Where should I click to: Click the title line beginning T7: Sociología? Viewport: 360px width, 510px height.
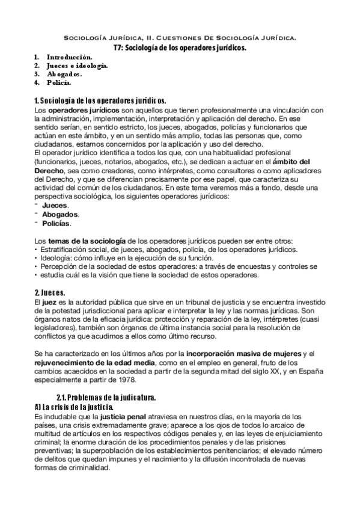coord(180,48)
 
